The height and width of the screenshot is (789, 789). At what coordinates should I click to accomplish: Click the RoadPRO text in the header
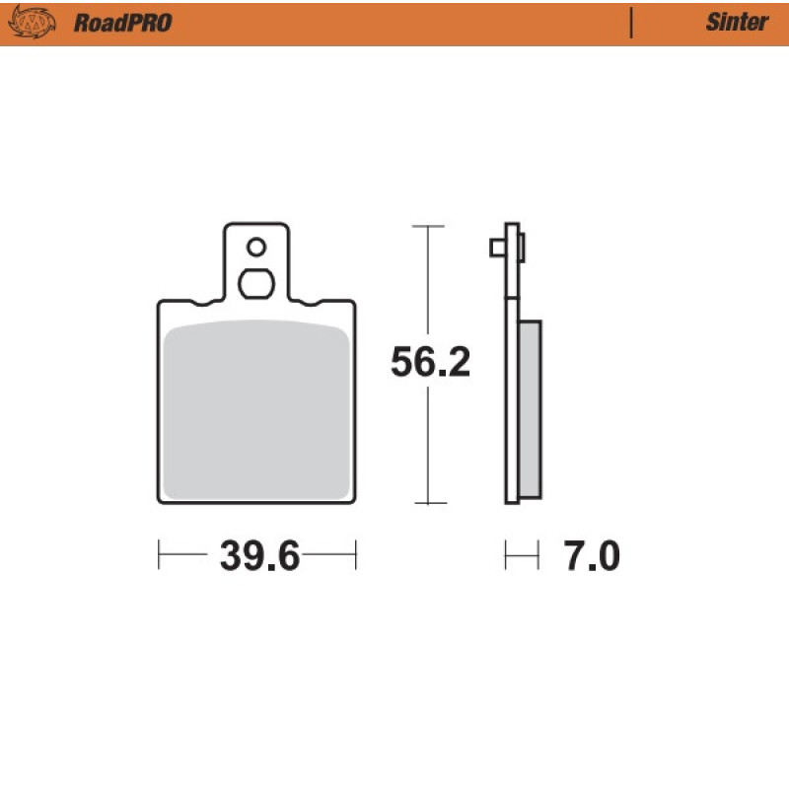[x=122, y=23]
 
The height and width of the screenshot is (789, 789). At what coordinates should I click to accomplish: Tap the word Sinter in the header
[x=737, y=22]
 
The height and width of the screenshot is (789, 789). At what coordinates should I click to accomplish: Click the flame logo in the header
[x=32, y=22]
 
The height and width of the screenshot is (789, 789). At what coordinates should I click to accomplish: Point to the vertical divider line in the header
[x=631, y=23]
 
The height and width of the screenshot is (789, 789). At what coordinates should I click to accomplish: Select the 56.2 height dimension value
[x=430, y=361]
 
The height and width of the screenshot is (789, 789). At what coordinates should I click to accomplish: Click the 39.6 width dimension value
[x=259, y=555]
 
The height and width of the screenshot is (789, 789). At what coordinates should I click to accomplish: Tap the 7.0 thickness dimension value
[x=592, y=555]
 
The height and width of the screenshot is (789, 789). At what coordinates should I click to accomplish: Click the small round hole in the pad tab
[x=256, y=248]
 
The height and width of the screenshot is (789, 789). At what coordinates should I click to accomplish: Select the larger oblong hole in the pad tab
[x=256, y=284]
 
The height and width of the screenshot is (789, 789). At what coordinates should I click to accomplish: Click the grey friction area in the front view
[x=256, y=410]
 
